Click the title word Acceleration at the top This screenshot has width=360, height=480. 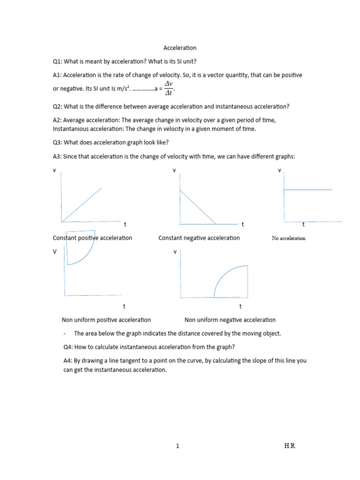click(x=180, y=48)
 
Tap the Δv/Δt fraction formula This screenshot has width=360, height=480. click(x=169, y=88)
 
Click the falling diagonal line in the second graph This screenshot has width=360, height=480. click(x=197, y=206)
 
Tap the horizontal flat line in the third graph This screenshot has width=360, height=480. click(x=307, y=190)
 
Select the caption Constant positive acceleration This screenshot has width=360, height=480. click(x=92, y=238)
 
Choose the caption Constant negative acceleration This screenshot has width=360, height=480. click(x=199, y=238)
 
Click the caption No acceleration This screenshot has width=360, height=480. click(x=288, y=238)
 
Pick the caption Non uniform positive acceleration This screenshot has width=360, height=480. click(x=106, y=320)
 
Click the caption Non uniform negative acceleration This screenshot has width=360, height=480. click(x=230, y=320)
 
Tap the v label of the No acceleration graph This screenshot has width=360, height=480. click(x=280, y=171)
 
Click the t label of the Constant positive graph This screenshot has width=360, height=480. click(x=125, y=225)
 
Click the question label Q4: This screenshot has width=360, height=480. click(x=68, y=347)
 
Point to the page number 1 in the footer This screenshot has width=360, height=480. click(x=177, y=446)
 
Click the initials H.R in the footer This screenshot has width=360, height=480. click(x=290, y=446)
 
